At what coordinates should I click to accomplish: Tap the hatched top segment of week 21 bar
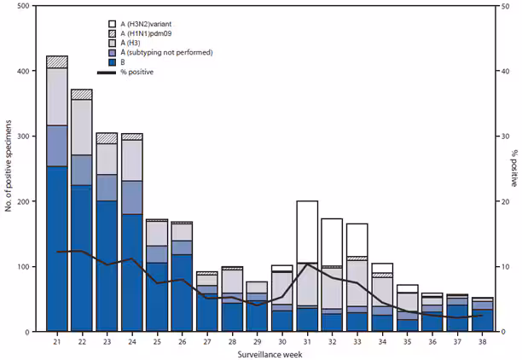pos(57,62)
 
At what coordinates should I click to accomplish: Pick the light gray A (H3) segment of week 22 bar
pos(82,127)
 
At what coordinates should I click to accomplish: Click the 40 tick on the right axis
pos(496,72)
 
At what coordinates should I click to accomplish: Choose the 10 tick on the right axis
pos(496,267)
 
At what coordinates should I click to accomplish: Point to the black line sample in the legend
pos(107,73)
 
